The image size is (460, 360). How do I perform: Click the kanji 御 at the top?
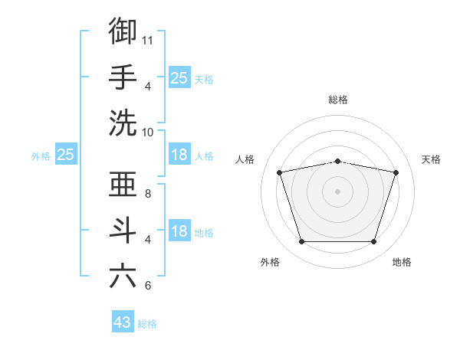point(123,31)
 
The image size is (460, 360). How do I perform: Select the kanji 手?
point(123,77)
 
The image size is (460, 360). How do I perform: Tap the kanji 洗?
point(123,123)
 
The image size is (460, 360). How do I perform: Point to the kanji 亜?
point(123,184)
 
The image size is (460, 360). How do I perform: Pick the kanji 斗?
point(123,231)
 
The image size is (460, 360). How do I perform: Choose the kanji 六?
point(123,277)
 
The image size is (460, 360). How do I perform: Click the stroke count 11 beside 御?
point(147,41)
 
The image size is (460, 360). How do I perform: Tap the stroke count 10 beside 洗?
point(147,133)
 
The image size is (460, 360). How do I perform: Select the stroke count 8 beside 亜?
point(148,194)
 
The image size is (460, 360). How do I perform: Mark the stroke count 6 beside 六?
point(148,286)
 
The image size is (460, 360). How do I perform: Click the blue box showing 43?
point(123,321)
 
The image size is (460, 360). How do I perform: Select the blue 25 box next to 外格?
point(66,154)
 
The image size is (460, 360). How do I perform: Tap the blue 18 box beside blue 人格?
point(179,154)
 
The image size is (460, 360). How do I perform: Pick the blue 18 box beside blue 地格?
point(179,230)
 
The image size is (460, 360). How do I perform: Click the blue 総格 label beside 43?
point(147,324)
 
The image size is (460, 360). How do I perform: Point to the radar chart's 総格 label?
point(338,100)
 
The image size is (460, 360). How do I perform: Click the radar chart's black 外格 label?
point(270,262)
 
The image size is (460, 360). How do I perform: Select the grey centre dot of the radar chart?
point(337,191)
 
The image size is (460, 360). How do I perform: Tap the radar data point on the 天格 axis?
point(396,172)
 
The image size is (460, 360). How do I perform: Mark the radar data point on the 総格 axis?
point(338,162)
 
